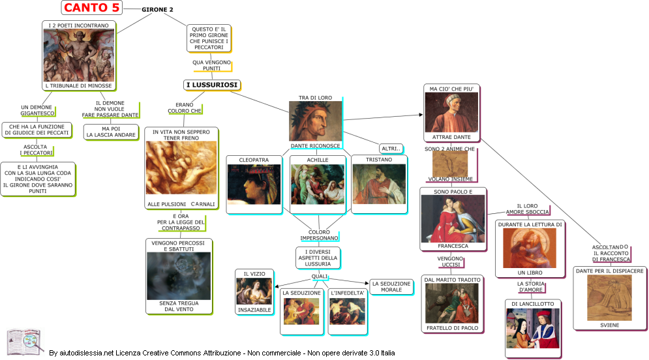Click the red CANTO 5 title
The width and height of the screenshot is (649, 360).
(x=91, y=8)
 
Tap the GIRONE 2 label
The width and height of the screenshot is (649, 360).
(x=157, y=10)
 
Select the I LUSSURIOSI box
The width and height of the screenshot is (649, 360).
(x=212, y=85)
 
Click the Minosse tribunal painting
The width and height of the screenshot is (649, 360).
(x=78, y=55)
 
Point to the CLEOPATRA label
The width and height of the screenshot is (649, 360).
(x=254, y=159)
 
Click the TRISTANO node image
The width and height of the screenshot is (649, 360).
(x=379, y=185)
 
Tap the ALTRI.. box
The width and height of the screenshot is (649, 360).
(x=391, y=149)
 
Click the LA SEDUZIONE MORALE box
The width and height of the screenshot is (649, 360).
(x=391, y=287)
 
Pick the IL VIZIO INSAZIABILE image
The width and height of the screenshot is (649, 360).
(x=254, y=292)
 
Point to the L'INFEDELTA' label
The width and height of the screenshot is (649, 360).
(x=348, y=293)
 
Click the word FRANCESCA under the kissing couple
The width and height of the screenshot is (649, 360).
(x=453, y=246)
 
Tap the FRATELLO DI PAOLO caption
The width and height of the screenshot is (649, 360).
(x=452, y=328)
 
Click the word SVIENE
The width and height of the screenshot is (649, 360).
(x=609, y=324)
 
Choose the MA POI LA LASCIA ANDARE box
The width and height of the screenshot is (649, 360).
(x=110, y=132)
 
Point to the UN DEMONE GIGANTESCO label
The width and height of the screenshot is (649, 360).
(x=37, y=110)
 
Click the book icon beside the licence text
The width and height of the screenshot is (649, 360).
(x=25, y=342)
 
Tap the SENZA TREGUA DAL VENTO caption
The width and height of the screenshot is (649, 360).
(x=178, y=306)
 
